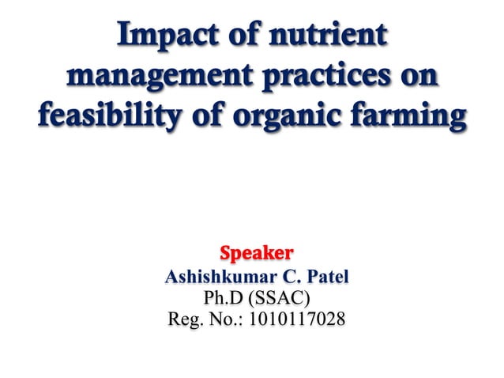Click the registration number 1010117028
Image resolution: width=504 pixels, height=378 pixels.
point(296,321)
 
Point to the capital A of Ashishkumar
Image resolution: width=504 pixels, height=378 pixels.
point(171,279)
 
